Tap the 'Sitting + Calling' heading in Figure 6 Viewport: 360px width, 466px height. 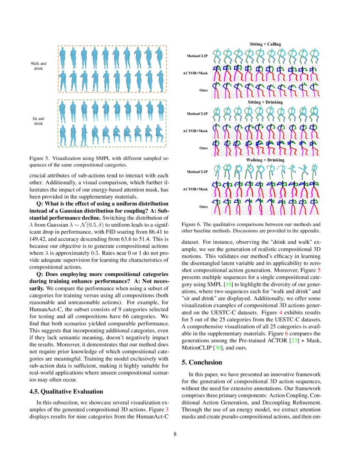click(x=265, y=44)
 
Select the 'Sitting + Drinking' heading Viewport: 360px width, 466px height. click(x=265, y=102)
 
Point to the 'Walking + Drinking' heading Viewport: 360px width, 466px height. click(x=265, y=160)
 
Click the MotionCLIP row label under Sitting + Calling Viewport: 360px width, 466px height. click(x=197, y=55)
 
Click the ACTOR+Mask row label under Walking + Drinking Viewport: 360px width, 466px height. click(x=195, y=189)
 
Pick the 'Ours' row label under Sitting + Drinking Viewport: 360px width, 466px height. click(x=203, y=148)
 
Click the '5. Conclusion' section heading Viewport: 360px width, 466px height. click(x=202, y=362)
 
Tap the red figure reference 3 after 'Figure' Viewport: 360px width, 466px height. click(x=166, y=410)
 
